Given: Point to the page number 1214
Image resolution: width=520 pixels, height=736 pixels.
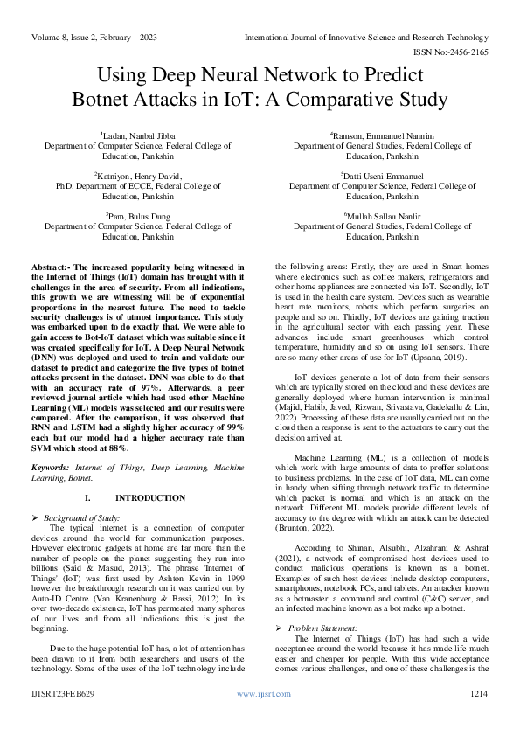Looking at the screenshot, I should [x=477, y=716].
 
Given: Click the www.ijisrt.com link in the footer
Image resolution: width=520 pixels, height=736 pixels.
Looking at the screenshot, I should [x=260, y=716].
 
